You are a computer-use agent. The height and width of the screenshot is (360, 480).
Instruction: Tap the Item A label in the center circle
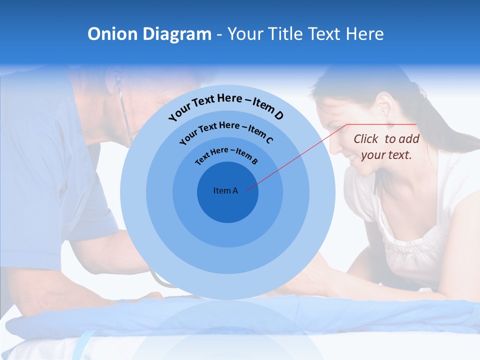point(225,190)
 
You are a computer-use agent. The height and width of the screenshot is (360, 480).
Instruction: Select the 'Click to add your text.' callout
point(386,147)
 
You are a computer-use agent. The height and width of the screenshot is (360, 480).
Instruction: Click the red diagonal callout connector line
point(300,155)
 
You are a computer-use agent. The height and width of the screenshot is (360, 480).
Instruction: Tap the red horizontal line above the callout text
point(382,124)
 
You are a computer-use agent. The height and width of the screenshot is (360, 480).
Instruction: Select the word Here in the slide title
point(363,34)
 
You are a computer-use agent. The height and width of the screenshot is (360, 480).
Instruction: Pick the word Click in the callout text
point(366,139)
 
